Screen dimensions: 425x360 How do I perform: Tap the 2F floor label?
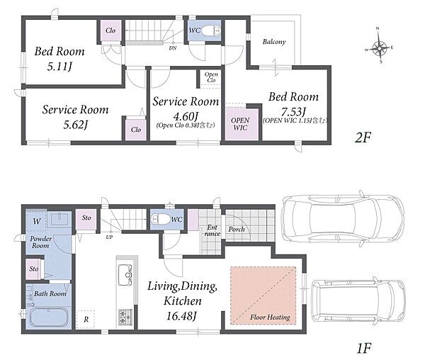tap(363, 138)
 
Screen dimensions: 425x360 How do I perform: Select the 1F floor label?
tap(364, 348)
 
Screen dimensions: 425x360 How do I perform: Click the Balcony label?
tap(274, 42)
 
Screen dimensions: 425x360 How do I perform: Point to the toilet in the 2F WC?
tap(211, 30)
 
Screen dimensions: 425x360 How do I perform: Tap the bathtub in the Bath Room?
tap(48, 317)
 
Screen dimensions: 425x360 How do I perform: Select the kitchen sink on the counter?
tap(125, 275)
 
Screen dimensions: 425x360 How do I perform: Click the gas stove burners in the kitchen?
tap(125, 317)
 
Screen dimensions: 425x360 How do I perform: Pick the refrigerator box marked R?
tap(86, 320)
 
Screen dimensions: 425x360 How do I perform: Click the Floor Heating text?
tap(270, 317)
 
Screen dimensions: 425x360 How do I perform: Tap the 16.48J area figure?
tap(181, 316)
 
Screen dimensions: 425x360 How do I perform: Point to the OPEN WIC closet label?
tap(240, 123)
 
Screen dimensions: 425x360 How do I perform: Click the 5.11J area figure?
tap(59, 67)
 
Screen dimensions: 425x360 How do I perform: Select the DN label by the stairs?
tap(173, 48)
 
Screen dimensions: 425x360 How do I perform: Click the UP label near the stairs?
tap(109, 237)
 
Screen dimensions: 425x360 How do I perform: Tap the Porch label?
tap(237, 230)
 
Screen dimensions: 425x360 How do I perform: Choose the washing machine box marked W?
tap(37, 221)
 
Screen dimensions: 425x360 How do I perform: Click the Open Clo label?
tap(211, 77)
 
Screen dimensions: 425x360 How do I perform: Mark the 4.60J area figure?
tap(186, 116)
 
